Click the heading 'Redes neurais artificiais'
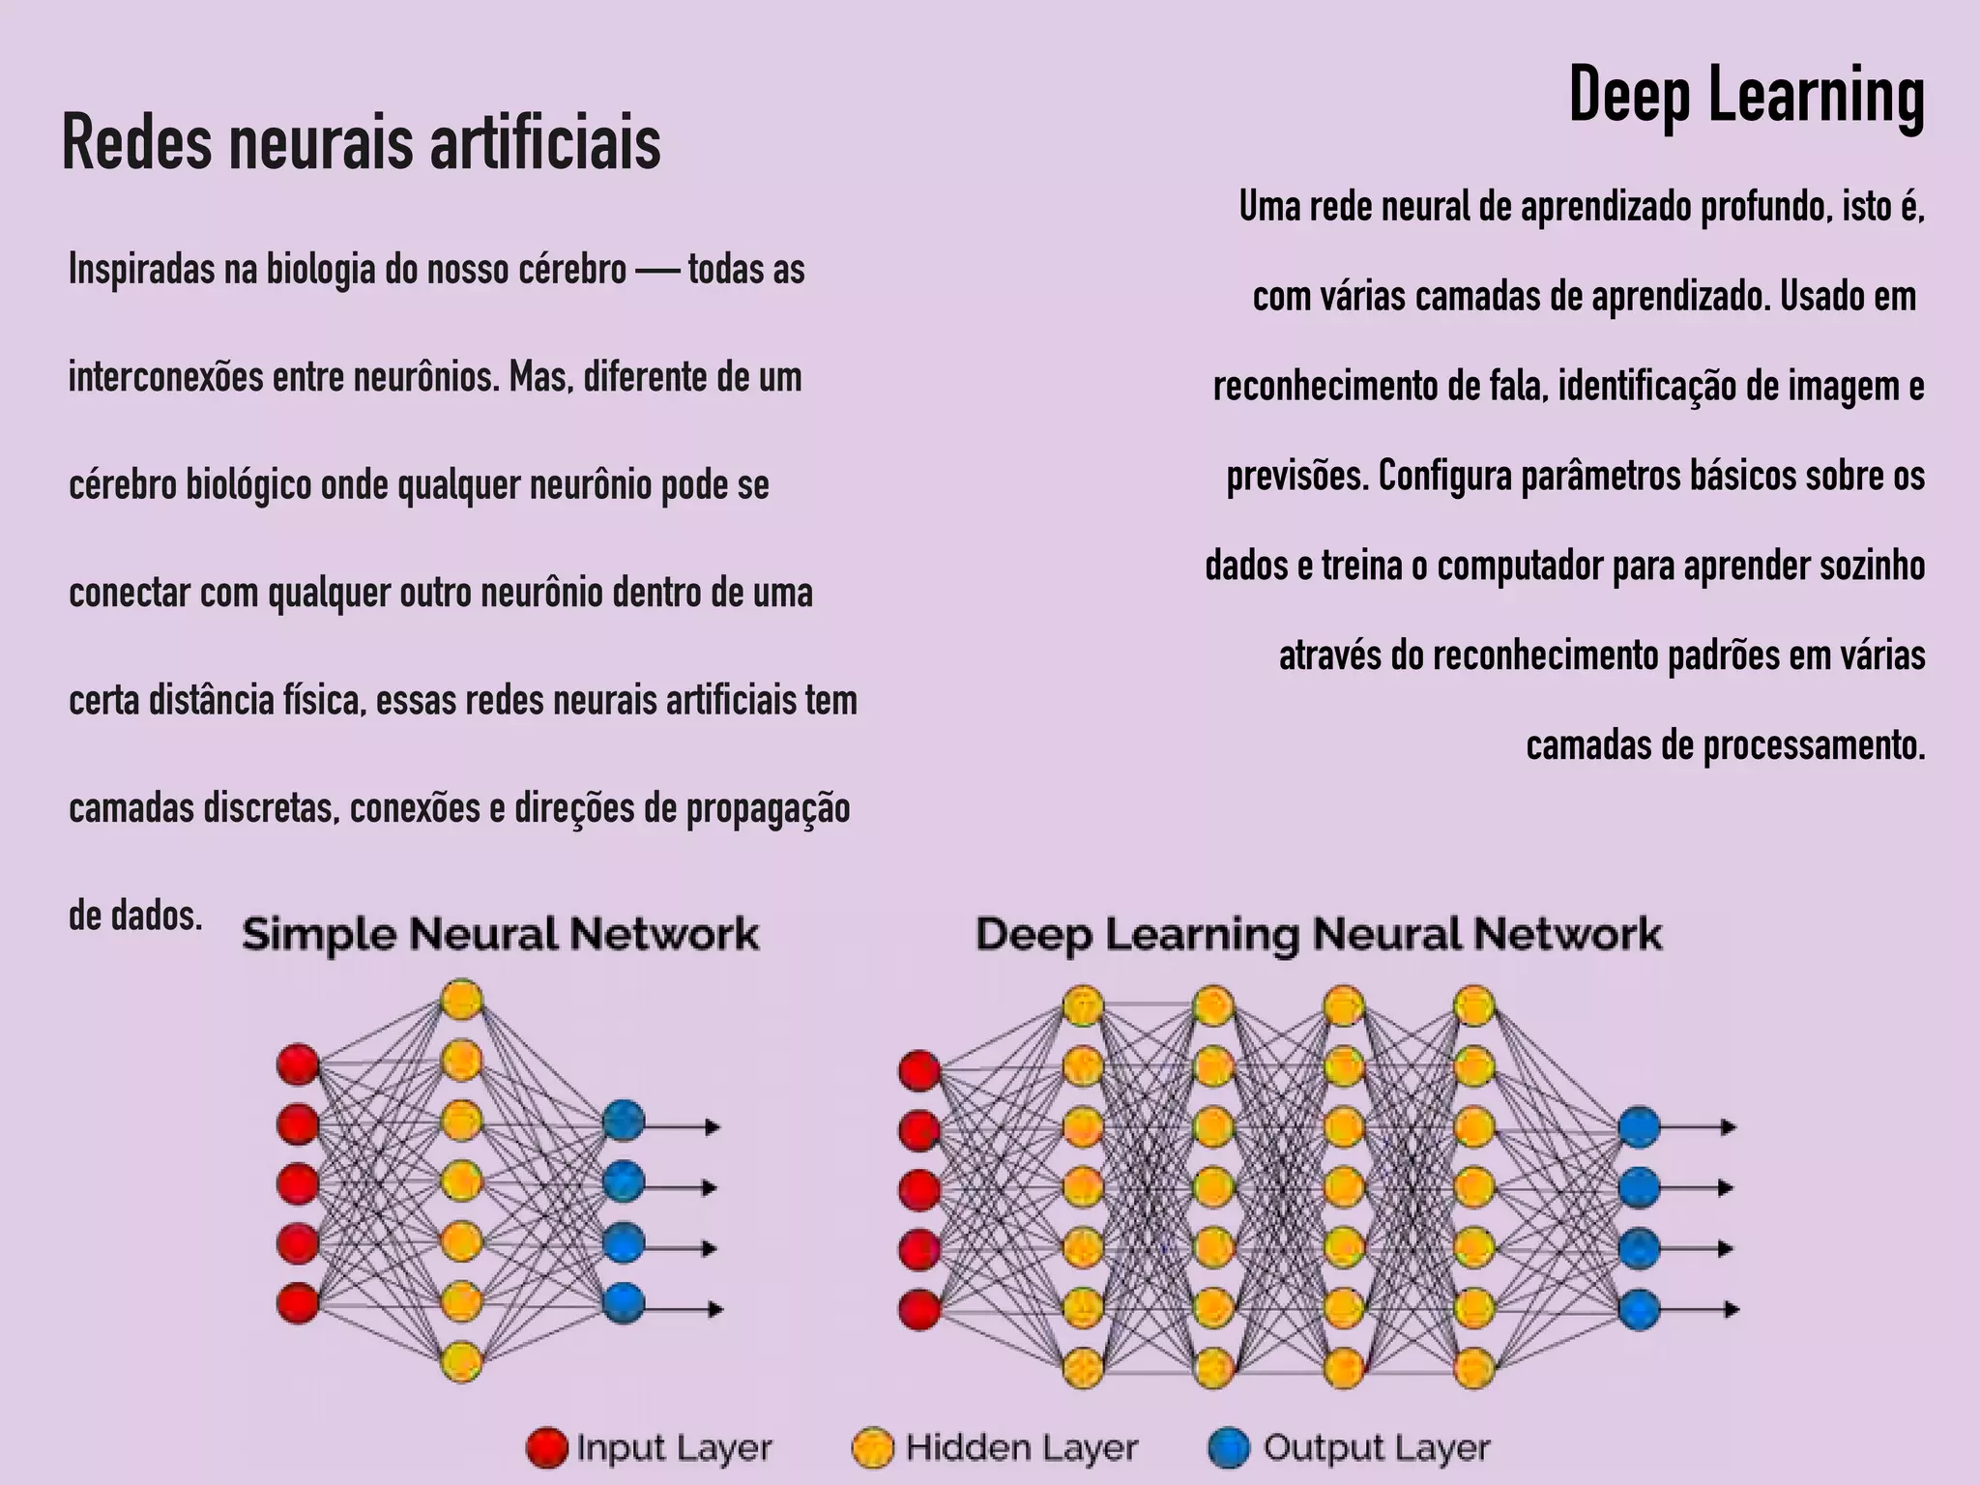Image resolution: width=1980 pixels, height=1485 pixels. pyautogui.click(x=361, y=143)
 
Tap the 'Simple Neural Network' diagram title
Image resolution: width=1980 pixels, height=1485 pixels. pyautogui.click(x=500, y=935)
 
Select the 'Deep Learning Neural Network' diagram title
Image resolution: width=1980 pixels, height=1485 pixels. pyautogui.click(x=1318, y=935)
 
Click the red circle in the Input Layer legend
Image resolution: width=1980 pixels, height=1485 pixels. pyautogui.click(x=546, y=1447)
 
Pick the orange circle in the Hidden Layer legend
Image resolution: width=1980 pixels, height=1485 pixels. pyautogui.click(x=872, y=1447)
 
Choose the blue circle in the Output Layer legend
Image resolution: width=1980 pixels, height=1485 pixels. pyautogui.click(x=1229, y=1447)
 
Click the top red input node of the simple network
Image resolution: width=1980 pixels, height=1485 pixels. pyautogui.click(x=298, y=1064)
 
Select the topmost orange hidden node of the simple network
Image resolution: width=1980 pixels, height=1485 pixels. pyautogui.click(x=461, y=1000)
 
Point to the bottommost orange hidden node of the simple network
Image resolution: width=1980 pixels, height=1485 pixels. pyautogui.click(x=461, y=1360)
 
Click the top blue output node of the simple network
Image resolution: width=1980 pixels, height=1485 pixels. pyautogui.click(x=624, y=1121)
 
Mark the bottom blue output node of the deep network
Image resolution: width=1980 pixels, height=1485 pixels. pyautogui.click(x=1639, y=1310)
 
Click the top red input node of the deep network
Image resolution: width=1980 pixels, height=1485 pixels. pyautogui.click(x=918, y=1070)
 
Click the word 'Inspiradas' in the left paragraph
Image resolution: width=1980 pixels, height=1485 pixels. pyautogui.click(x=141, y=270)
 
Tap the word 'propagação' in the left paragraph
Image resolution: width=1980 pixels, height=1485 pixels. pyautogui.click(x=768, y=809)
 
